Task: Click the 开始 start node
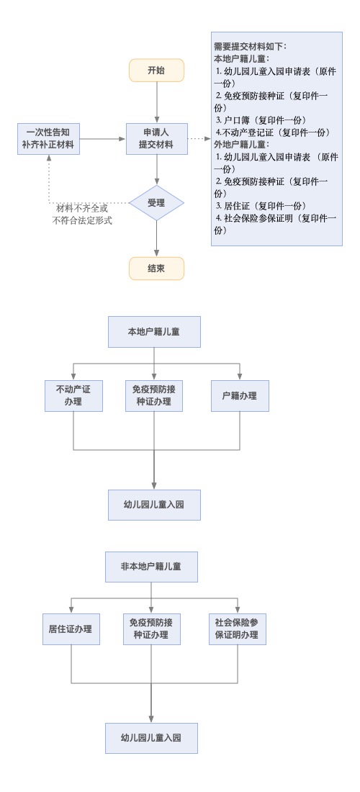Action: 156,71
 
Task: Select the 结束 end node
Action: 156,269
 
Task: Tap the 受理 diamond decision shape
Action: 156,202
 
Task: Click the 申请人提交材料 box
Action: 156,138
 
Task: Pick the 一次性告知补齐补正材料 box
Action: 48,138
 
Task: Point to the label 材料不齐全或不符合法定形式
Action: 82,214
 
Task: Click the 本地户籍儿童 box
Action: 154,332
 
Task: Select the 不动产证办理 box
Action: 73,396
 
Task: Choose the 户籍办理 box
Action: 240,396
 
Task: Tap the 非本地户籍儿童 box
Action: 151,567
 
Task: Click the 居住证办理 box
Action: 71,629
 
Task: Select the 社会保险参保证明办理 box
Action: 238,629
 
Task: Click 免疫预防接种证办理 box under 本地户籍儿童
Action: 154,396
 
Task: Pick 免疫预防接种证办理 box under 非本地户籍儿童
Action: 151,629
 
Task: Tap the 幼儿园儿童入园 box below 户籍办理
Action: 154,505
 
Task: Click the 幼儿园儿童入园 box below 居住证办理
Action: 151,738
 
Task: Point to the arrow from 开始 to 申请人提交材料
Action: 156,102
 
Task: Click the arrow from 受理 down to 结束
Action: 156,238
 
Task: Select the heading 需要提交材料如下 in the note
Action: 251,47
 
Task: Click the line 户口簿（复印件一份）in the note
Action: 261,120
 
